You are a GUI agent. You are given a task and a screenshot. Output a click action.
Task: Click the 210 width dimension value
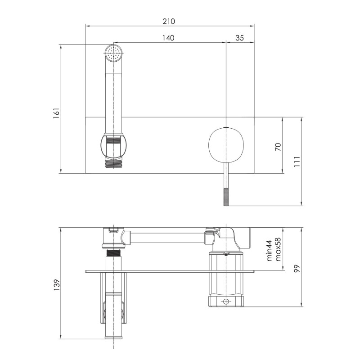(168, 21)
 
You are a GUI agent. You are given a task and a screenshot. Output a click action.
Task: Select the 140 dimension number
(168, 38)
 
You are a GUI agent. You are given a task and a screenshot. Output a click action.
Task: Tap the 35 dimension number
(239, 38)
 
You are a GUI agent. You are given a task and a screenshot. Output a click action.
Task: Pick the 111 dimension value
(297, 162)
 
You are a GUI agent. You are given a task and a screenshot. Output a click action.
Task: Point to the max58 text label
(278, 250)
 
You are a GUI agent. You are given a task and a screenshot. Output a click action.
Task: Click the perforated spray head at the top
(114, 53)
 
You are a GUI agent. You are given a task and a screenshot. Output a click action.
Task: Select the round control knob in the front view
(226, 144)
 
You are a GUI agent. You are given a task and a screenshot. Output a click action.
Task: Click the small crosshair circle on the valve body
(226, 301)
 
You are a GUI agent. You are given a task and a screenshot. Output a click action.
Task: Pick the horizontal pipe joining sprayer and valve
(166, 238)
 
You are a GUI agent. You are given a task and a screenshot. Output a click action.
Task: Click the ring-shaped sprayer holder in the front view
(114, 146)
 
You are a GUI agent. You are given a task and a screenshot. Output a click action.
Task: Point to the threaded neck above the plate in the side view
(114, 259)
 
